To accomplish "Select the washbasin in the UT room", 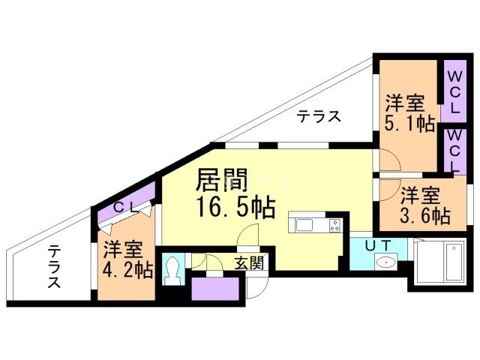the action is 385,262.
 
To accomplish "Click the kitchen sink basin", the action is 304,225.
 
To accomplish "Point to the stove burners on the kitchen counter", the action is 335,225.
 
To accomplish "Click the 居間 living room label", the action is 222,180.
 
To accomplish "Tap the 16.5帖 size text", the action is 235,207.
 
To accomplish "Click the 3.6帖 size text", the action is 425,216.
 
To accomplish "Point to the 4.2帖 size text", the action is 127,269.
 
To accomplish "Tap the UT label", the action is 378,245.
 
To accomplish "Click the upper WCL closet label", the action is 454,92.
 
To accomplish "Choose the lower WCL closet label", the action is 454,151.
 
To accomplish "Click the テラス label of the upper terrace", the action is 319,117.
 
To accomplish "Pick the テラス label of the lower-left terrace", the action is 54,266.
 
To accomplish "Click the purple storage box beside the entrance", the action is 215,289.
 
